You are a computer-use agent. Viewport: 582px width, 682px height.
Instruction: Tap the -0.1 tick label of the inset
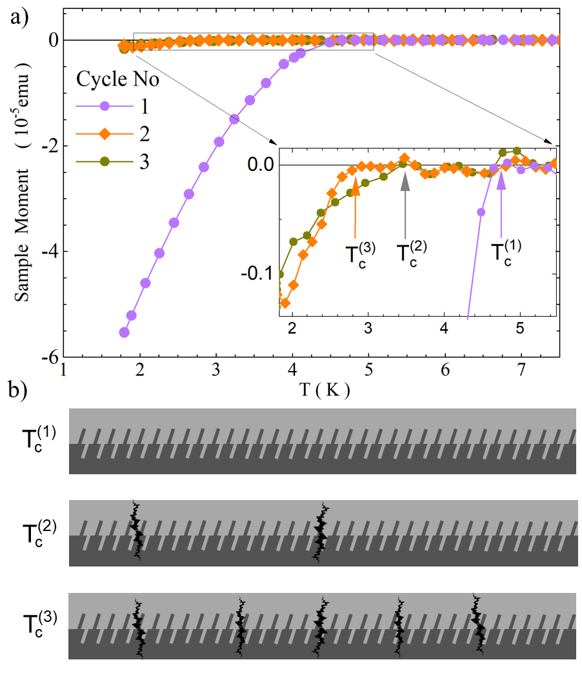256,274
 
